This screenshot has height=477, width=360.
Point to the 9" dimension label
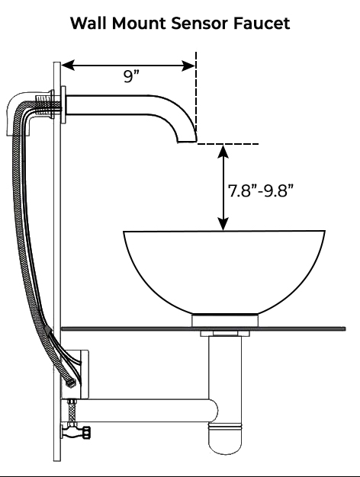click(x=132, y=76)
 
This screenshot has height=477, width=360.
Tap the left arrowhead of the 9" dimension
click(x=67, y=66)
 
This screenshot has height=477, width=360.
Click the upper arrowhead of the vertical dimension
click(x=223, y=150)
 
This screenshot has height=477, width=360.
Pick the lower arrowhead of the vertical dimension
click(x=223, y=225)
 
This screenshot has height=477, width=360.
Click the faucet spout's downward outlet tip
click(x=186, y=139)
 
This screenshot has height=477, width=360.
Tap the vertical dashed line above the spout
click(x=197, y=91)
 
